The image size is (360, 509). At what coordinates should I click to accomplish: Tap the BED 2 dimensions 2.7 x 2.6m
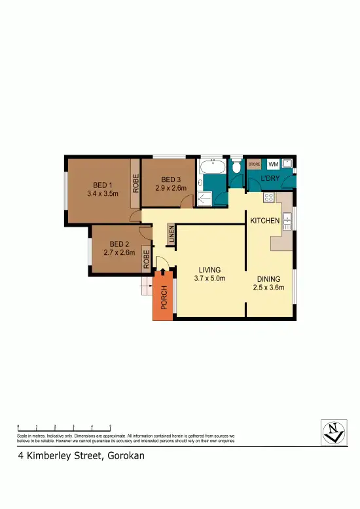(118, 252)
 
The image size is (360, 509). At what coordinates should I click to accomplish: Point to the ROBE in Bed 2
(147, 261)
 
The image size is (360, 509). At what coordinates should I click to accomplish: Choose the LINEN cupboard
(171, 235)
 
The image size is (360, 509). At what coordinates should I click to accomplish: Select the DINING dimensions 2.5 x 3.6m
(270, 287)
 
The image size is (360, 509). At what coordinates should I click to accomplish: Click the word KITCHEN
(265, 221)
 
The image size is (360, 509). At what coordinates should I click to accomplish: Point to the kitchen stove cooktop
(268, 197)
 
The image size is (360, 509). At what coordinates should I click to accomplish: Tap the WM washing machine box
(273, 164)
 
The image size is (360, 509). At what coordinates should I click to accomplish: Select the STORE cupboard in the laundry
(255, 164)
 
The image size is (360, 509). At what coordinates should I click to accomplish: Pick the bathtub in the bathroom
(212, 166)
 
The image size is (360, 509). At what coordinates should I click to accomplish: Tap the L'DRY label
(270, 179)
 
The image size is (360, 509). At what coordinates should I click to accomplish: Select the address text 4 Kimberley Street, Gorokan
(81, 455)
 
